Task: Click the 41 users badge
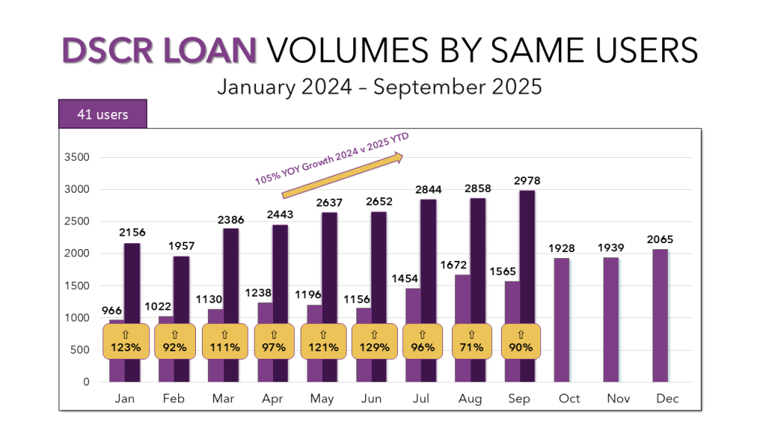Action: pyautogui.click(x=102, y=114)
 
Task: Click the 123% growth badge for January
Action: pyautogui.click(x=125, y=342)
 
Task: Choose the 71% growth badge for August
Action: pyautogui.click(x=471, y=342)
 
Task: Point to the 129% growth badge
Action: pyautogui.click(x=374, y=342)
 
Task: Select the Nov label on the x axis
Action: pyautogui.click(x=618, y=399)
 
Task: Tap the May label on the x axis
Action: pyautogui.click(x=321, y=399)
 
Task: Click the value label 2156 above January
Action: pyautogui.click(x=133, y=233)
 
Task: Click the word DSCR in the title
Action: pyautogui.click(x=105, y=50)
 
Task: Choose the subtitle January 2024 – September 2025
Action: pyautogui.click(x=379, y=86)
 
